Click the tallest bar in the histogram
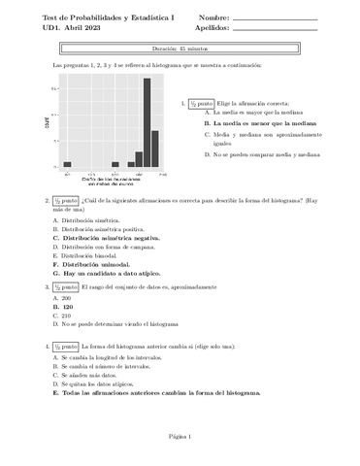point(147,124)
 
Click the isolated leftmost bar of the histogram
point(67,165)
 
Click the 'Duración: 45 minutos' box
point(179,47)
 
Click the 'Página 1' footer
point(179,438)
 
